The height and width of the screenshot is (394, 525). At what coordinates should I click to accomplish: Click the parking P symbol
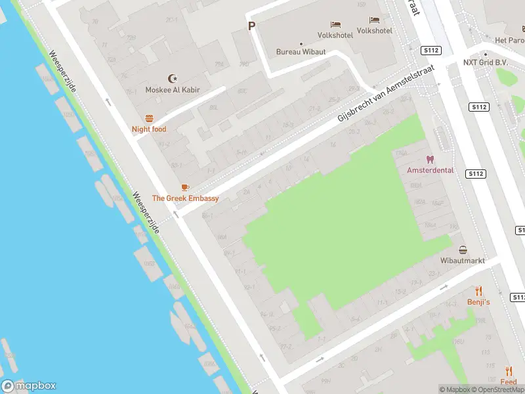click(x=251, y=26)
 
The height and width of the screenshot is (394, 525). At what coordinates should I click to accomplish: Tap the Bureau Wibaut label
click(x=301, y=51)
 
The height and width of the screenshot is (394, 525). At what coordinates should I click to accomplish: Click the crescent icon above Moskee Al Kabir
click(x=173, y=78)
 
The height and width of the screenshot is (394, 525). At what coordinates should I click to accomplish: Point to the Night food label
click(x=149, y=129)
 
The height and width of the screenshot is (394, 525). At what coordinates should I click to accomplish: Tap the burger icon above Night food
click(x=149, y=118)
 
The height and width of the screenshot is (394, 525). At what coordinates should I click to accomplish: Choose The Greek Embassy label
click(x=185, y=198)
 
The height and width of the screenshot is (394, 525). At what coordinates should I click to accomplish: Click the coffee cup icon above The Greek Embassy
click(x=185, y=188)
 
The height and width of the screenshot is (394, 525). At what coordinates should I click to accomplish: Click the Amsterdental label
click(x=430, y=170)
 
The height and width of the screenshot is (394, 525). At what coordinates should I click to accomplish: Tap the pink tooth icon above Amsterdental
click(x=430, y=159)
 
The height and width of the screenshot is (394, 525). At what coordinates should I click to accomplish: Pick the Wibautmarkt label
click(x=463, y=261)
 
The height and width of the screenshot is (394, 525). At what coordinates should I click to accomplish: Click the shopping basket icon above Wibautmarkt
click(x=463, y=250)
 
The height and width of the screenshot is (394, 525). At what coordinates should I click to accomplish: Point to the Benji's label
click(x=478, y=302)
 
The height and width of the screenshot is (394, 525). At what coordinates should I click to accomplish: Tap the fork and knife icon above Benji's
click(x=478, y=291)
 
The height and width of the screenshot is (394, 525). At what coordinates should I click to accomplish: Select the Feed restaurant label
click(x=508, y=382)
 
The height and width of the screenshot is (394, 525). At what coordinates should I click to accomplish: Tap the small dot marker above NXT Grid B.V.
click(x=486, y=55)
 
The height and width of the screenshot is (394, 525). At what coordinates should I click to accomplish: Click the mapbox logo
click(x=29, y=386)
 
